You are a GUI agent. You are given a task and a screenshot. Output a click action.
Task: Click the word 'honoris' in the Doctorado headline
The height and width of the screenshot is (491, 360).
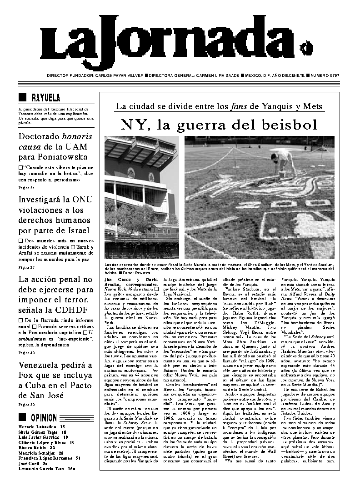click(x=77, y=137)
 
